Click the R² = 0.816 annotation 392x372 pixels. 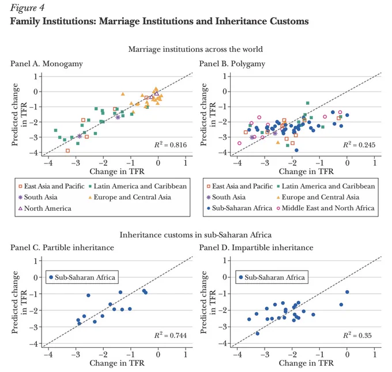pyautogui.click(x=171, y=145)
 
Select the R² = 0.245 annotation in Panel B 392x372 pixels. pyautogui.click(x=359, y=145)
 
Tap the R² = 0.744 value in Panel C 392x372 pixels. pyautogui.click(x=171, y=335)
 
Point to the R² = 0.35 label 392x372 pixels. pyautogui.click(x=357, y=335)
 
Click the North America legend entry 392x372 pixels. pyautogui.click(x=45, y=208)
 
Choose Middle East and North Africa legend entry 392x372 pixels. pyautogui.click(x=326, y=208)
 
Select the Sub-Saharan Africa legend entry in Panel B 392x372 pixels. pyautogui.click(x=239, y=208)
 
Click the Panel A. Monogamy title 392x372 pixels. pyautogui.click(x=47, y=64)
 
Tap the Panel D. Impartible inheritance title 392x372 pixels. pyautogui.click(x=256, y=248)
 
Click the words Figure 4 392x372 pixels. pyautogui.click(x=27, y=7)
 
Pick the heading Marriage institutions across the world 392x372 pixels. pyautogui.click(x=195, y=49)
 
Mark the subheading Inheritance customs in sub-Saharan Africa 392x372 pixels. pyautogui.click(x=195, y=235)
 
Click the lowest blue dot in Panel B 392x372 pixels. pyautogui.click(x=296, y=150)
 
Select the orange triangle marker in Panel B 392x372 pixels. pyautogui.click(x=278, y=142)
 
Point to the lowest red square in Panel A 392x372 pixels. pyautogui.click(x=67, y=150)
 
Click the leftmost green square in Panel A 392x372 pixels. pyautogui.click(x=55, y=130)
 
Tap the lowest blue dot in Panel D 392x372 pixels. pyautogui.click(x=258, y=333)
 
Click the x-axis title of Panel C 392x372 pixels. pyautogui.click(x=117, y=363)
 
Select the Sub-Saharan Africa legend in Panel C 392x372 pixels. pyautogui.click(x=82, y=277)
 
